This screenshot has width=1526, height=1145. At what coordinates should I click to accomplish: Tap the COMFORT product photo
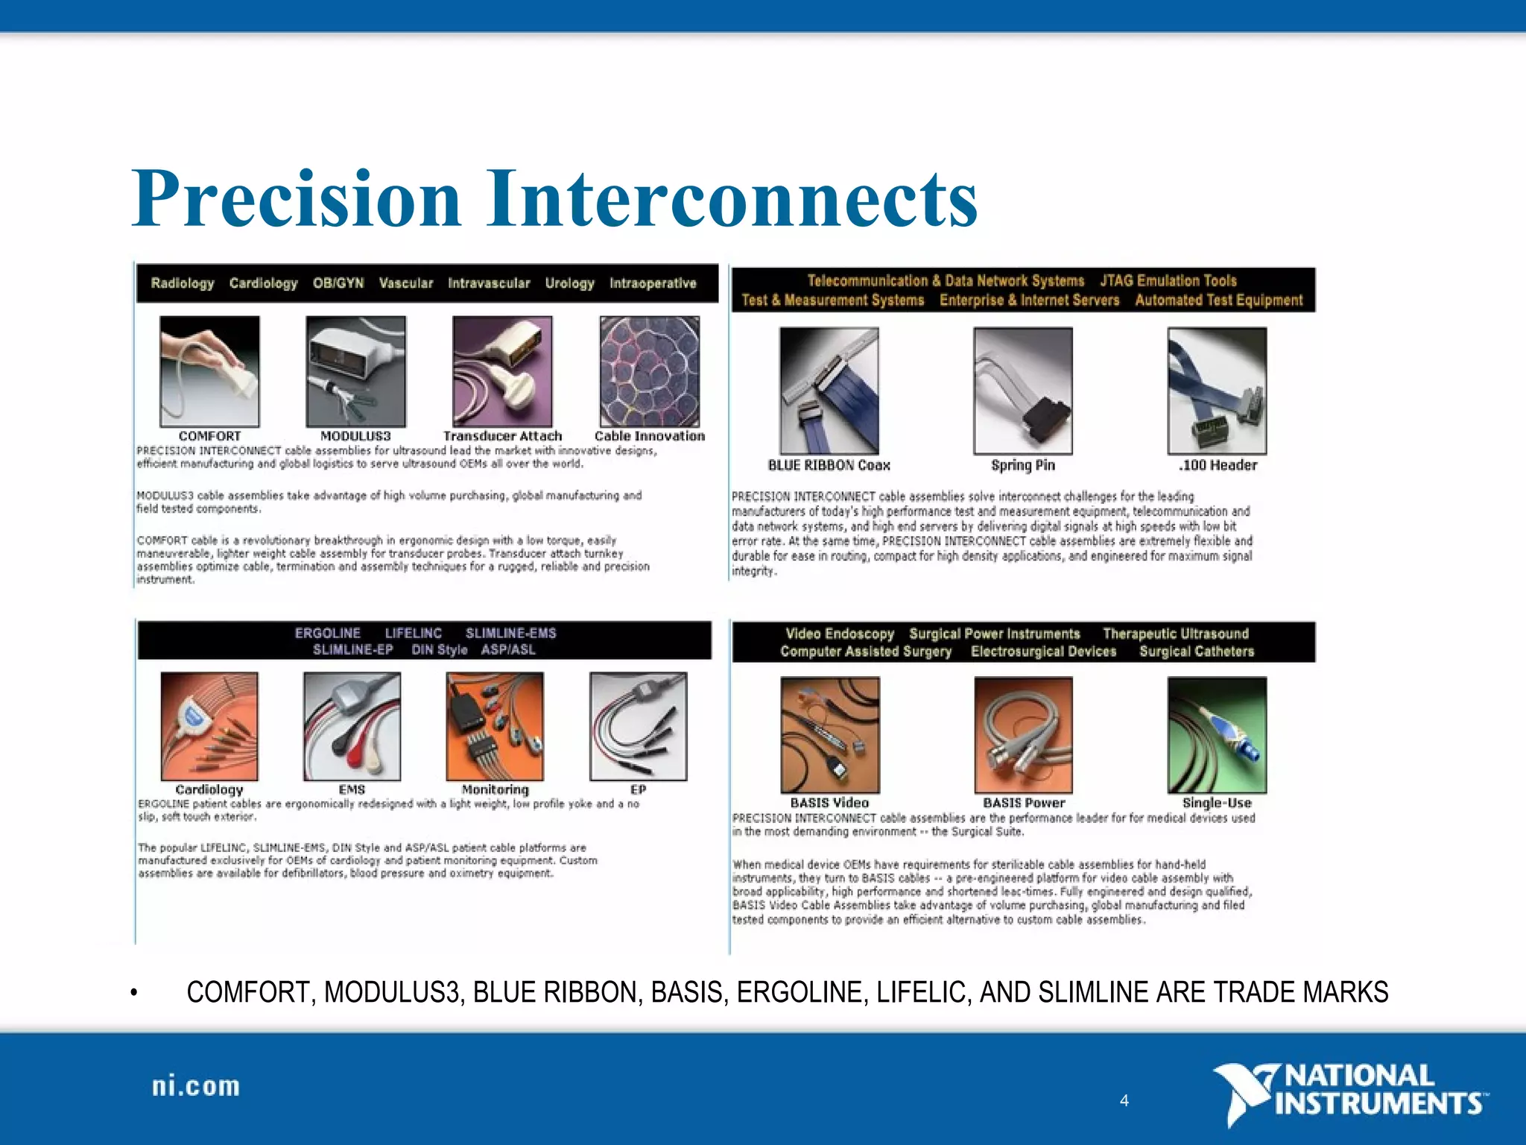click(209, 371)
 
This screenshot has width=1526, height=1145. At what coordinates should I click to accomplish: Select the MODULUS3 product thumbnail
click(355, 371)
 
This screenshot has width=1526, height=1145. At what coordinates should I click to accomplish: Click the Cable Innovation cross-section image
click(650, 371)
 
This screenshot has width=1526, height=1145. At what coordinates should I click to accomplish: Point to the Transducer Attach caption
click(502, 436)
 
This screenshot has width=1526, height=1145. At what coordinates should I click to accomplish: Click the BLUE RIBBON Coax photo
click(829, 391)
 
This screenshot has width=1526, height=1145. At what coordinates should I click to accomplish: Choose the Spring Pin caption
click(1022, 465)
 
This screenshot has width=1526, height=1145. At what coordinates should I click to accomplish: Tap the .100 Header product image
click(1217, 391)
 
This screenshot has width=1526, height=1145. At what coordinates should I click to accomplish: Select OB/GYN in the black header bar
click(338, 283)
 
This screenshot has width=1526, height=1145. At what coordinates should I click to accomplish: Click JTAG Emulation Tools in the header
click(1168, 281)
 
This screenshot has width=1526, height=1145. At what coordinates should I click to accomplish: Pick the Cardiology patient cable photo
click(209, 726)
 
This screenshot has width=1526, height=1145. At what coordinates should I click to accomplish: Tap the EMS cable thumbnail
click(352, 726)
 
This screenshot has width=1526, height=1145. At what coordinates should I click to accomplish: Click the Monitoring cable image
click(495, 726)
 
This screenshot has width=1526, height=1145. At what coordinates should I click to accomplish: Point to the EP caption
click(638, 789)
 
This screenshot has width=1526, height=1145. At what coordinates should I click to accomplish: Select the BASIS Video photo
click(829, 734)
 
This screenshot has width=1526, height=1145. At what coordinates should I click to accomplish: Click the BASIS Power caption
click(1023, 803)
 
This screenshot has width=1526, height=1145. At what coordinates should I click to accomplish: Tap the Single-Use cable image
click(1217, 734)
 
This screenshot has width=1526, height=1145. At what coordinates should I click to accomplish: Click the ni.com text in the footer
click(196, 1086)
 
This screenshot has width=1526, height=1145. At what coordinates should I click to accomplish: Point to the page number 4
click(1124, 1100)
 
